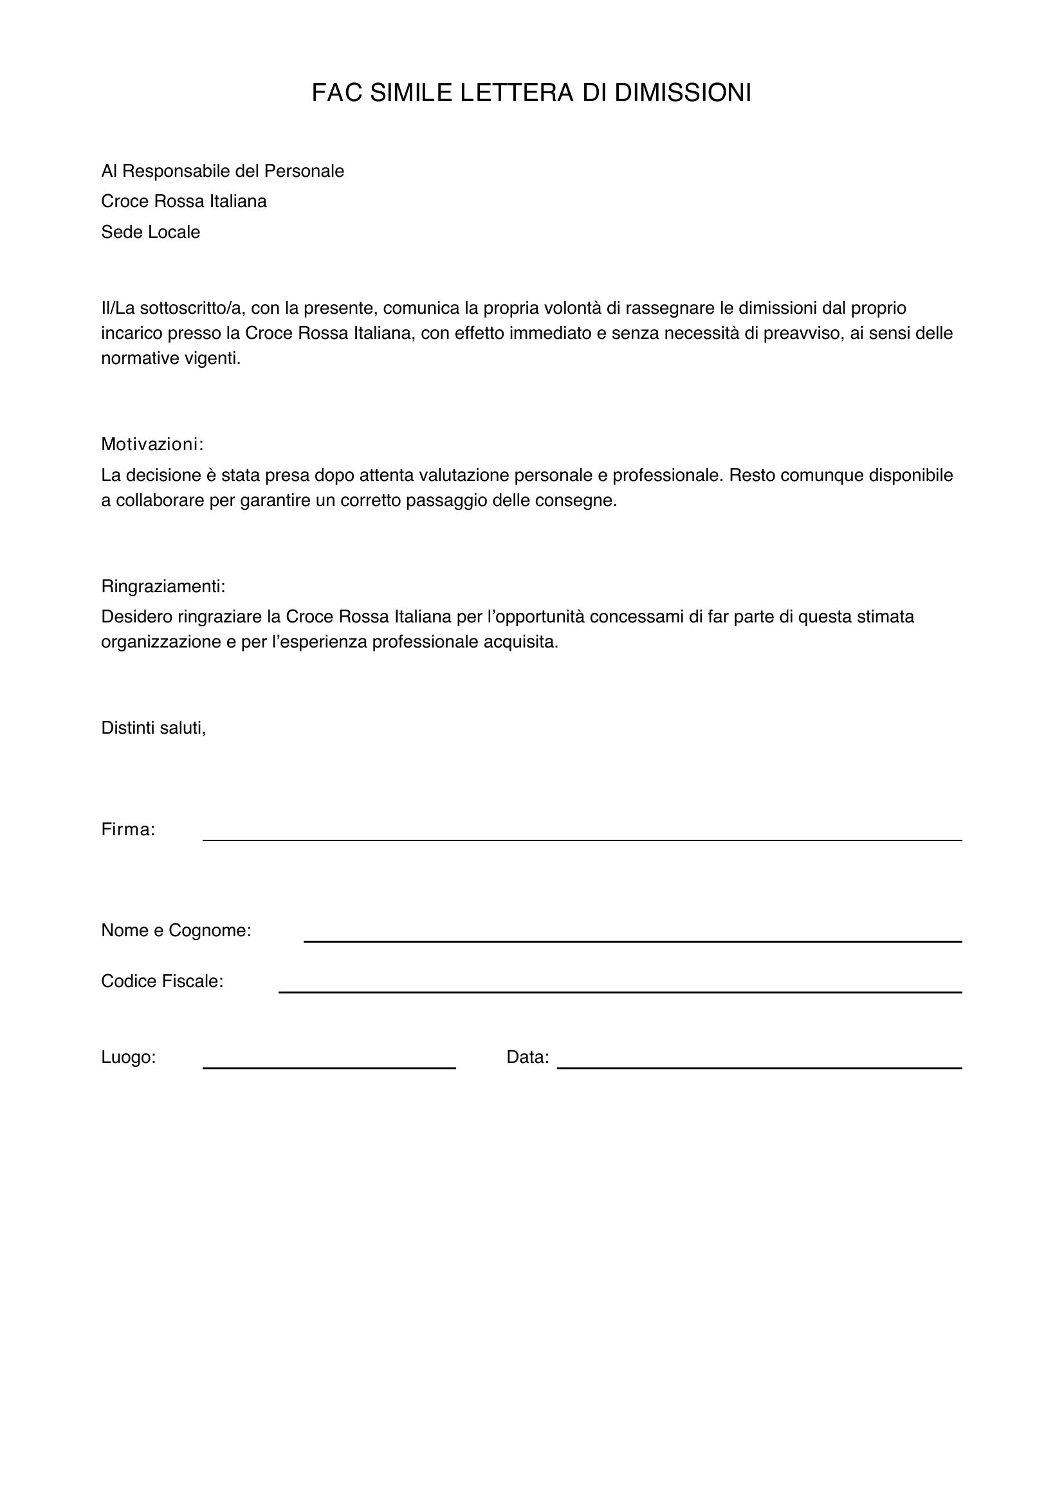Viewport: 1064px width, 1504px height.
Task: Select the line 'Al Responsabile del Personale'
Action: point(222,171)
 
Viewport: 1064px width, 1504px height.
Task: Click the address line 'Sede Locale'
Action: point(150,232)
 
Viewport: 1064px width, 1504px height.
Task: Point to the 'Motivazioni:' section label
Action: point(152,444)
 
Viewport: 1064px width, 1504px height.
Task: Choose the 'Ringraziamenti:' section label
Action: point(163,586)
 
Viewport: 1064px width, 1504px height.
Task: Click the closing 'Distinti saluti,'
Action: point(153,728)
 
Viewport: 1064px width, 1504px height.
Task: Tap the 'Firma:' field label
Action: point(128,830)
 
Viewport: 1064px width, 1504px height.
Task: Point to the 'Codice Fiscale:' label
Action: point(162,981)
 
